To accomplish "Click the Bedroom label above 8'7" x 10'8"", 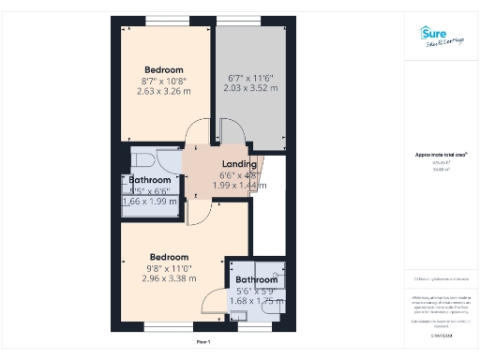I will point(164,69).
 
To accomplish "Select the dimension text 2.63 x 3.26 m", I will point(164,92).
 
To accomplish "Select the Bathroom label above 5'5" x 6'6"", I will point(149,179).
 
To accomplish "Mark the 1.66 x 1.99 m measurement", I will point(149,202).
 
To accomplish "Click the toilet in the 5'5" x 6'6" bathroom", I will point(143,158).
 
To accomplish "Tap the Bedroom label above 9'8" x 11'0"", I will point(170,257).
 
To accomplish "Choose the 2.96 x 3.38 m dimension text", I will point(170,278).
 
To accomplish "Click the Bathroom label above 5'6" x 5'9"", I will point(256,279).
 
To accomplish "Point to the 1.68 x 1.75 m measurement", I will point(256,302).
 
